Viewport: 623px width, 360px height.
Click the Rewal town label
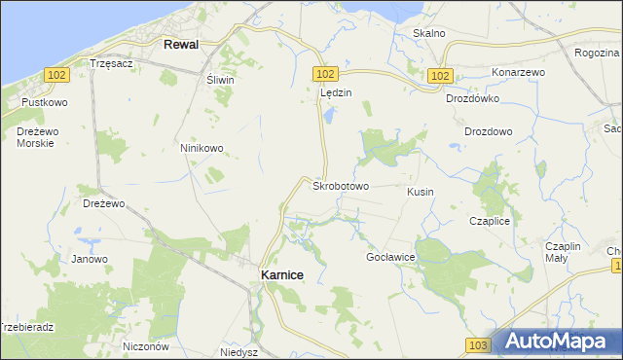pos(182,44)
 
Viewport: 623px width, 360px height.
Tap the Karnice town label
pos(282,275)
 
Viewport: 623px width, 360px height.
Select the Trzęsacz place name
pos(110,62)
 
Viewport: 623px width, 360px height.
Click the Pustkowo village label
pos(46,101)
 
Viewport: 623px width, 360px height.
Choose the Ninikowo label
pos(202,148)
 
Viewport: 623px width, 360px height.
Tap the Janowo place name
pos(90,259)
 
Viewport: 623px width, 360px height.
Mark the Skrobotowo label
pos(340,185)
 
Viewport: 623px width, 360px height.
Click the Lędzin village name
pos(335,92)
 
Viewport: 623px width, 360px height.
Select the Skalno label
pos(428,33)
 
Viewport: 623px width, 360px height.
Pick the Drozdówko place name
pos(472,98)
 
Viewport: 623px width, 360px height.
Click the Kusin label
pos(421,193)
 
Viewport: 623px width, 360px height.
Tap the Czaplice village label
pos(490,221)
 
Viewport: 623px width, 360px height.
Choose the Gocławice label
pos(390,257)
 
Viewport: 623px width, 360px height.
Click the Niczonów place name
pos(147,346)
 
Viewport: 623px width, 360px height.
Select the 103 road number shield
pos(476,345)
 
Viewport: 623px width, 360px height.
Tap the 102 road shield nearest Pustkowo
pos(55,74)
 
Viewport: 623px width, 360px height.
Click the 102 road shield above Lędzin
pos(325,74)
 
